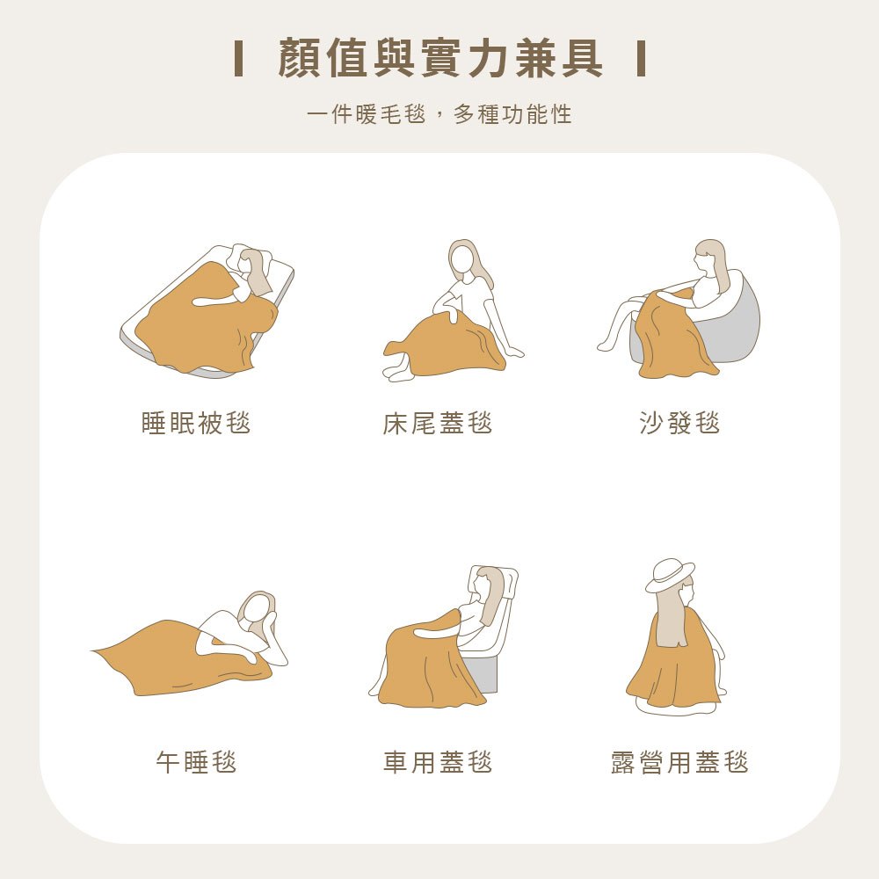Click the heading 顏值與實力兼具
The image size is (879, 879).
pyautogui.click(x=439, y=59)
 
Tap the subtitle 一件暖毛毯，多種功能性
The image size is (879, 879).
pyautogui.click(x=439, y=114)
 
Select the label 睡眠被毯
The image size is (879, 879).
pyautogui.click(x=196, y=424)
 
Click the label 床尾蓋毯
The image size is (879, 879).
pyautogui.click(x=438, y=424)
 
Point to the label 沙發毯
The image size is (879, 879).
pyautogui.click(x=680, y=424)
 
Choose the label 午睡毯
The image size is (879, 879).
pyautogui.click(x=196, y=761)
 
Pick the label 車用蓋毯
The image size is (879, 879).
pyautogui.click(x=438, y=761)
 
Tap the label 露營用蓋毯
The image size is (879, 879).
pyautogui.click(x=680, y=761)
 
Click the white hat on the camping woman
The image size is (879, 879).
pyautogui.click(x=670, y=573)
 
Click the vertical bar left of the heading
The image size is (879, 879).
pyautogui.click(x=238, y=59)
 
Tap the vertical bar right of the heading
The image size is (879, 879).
pyautogui.click(x=642, y=59)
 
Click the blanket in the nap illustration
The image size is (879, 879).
pyautogui.click(x=176, y=659)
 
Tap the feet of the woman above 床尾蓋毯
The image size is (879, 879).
pyautogui.click(x=398, y=373)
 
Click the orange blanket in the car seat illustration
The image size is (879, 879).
pyautogui.click(x=426, y=668)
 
